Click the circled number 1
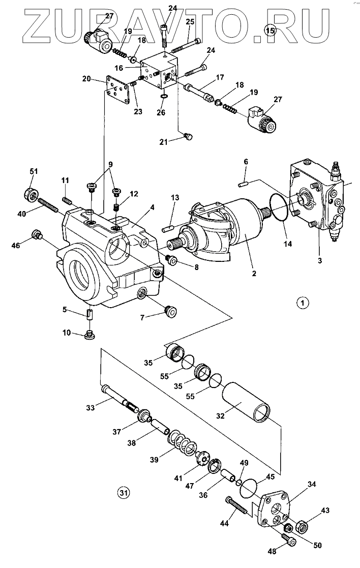point(303,302)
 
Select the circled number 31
point(124,492)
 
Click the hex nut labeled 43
point(303,526)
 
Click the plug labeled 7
point(170,311)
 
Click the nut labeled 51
point(32,194)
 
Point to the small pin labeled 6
point(243,185)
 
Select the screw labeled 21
point(188,136)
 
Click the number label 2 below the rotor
point(254,274)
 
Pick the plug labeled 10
point(89,336)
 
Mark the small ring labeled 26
point(163,96)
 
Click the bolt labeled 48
point(287,541)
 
